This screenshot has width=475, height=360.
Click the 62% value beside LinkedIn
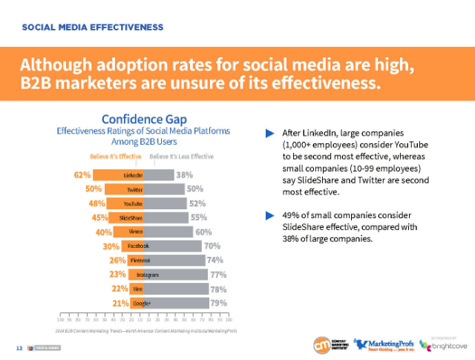coord(82,175)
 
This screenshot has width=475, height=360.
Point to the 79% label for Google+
coord(218,303)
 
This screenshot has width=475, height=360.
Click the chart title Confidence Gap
coord(143,119)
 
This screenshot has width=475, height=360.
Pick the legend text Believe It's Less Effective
coord(182,157)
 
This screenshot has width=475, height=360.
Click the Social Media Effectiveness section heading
coord(93,27)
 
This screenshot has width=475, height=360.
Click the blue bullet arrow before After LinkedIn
coord(270,133)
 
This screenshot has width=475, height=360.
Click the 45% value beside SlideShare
coord(100,217)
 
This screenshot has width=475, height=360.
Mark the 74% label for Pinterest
coord(215,260)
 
